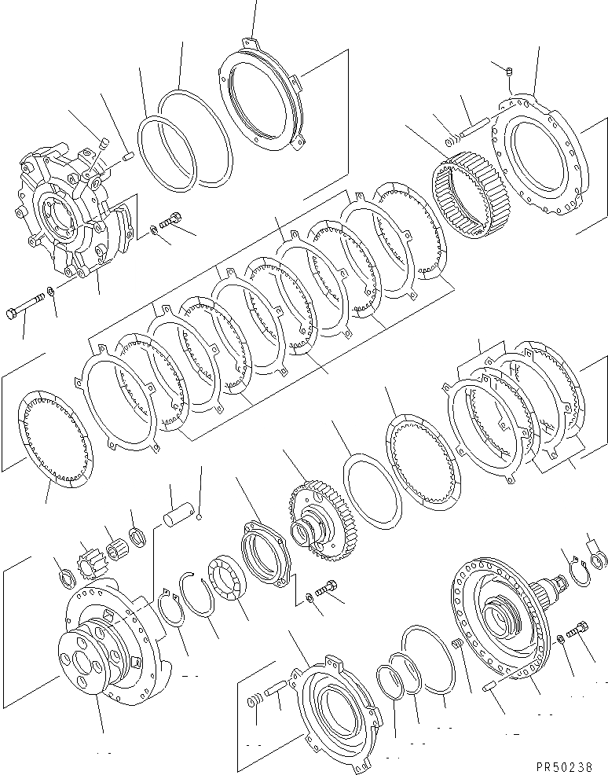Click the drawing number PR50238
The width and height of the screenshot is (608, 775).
[x=570, y=763]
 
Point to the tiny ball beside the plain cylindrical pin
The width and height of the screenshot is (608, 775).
[x=200, y=517]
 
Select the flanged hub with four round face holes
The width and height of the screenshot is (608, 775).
[x=94, y=652]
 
